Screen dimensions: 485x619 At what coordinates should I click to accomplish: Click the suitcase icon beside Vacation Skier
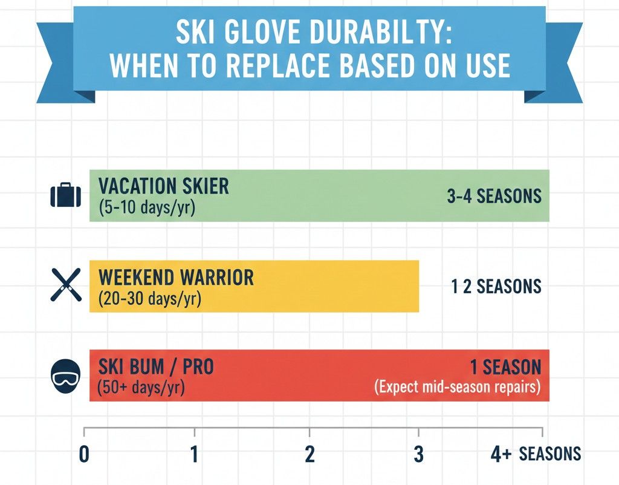65,195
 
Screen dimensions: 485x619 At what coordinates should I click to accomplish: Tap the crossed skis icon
65,285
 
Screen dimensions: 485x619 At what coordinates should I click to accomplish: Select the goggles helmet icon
65,376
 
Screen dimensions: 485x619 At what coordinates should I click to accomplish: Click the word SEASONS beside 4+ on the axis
550,454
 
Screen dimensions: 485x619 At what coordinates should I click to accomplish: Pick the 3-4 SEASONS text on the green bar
494,196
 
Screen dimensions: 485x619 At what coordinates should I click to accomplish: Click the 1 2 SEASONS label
496,286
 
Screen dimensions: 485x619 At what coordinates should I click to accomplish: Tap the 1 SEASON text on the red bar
505,367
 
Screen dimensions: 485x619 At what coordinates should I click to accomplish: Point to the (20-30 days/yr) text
149,299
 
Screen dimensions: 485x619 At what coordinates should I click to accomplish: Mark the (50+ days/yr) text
141,388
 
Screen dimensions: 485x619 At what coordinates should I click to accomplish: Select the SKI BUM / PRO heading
155,367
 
